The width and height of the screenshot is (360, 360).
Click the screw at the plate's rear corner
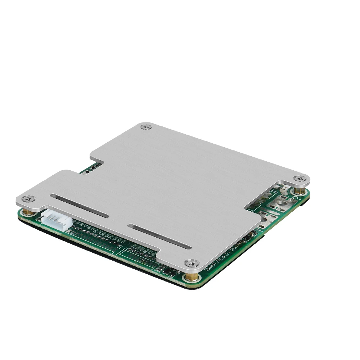[146, 127]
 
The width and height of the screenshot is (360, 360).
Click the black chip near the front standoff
[173, 274]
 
